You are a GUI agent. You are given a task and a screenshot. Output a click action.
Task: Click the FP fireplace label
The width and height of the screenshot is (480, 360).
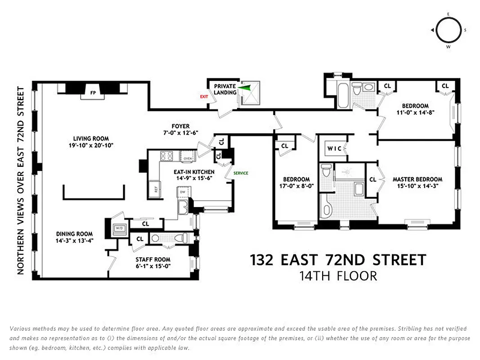(93, 93)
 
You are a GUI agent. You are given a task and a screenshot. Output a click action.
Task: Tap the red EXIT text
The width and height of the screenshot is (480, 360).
(203, 96)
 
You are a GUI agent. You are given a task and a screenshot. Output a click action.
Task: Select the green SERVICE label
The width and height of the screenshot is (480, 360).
(240, 173)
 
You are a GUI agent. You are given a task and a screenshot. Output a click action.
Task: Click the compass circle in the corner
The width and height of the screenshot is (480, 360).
(448, 30)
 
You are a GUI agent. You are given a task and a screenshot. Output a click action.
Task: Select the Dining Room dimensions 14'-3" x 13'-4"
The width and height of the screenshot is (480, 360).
(75, 240)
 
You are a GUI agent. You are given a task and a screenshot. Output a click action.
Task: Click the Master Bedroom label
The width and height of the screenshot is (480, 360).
(417, 179)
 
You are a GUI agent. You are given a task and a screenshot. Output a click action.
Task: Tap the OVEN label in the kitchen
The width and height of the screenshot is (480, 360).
(188, 158)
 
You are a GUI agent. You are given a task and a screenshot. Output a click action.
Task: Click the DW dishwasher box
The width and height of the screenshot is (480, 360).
(183, 192)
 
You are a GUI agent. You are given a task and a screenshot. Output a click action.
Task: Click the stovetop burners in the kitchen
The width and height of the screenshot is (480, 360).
(167, 156)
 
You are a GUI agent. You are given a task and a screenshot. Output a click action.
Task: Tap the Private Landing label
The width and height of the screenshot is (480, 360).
(225, 89)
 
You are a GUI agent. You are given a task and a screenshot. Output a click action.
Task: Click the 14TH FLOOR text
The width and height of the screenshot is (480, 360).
(338, 276)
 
